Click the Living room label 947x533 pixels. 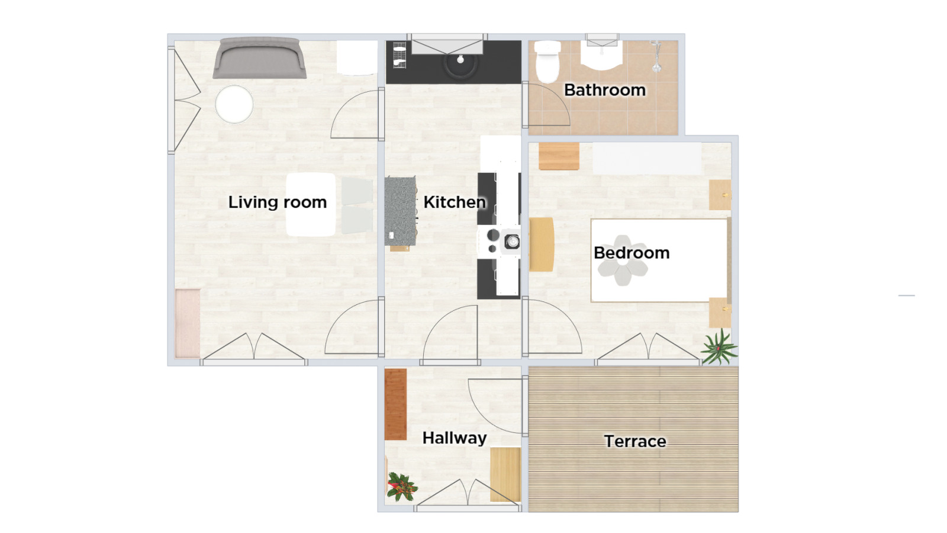[278, 202]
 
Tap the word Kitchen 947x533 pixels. [455, 202]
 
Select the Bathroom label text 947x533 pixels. [604, 90]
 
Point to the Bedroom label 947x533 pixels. [631, 253]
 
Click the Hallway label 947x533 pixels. [455, 438]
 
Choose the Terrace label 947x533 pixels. [635, 442]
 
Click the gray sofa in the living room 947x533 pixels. [259, 58]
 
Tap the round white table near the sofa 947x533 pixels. [234, 104]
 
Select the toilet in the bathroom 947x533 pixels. [547, 62]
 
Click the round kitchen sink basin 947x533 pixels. [460, 63]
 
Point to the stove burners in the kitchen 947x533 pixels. [500, 241]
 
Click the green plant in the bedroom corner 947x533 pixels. [719, 348]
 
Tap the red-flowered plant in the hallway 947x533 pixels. [402, 486]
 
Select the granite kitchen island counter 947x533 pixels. [400, 211]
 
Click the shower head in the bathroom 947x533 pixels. [656, 57]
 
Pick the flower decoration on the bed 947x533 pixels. [622, 260]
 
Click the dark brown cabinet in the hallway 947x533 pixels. [396, 404]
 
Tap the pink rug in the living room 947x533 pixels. [188, 323]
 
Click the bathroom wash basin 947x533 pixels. [601, 56]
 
